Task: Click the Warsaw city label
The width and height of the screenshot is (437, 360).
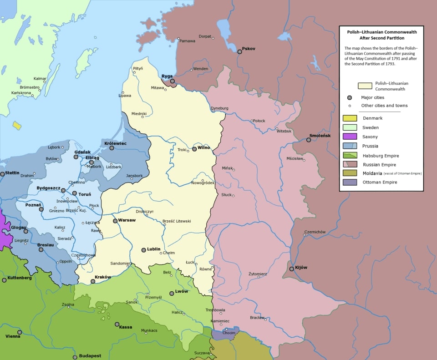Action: (x=127, y=220)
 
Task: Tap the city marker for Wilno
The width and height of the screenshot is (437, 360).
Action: (x=194, y=149)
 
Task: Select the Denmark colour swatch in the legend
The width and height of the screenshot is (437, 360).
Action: (x=349, y=118)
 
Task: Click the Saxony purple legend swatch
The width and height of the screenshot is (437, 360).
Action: (x=349, y=137)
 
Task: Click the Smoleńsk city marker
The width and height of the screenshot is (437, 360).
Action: (x=309, y=140)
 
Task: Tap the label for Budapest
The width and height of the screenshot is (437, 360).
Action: (x=90, y=355)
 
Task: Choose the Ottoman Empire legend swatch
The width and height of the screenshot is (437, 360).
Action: (x=349, y=182)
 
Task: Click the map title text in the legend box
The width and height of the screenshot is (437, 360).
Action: (x=381, y=35)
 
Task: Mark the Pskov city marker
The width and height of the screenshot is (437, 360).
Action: (x=239, y=52)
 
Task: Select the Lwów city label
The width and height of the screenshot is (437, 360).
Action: (x=181, y=291)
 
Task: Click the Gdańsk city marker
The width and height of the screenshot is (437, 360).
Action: (x=76, y=157)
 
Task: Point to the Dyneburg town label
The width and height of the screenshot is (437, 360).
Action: (x=219, y=108)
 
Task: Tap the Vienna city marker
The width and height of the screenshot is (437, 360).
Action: (x=20, y=332)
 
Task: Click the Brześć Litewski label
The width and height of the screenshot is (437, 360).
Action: (x=177, y=221)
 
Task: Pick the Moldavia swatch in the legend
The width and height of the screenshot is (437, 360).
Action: (x=349, y=173)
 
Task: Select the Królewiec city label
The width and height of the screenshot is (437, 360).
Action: (x=115, y=143)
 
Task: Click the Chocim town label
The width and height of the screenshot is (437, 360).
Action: (x=229, y=333)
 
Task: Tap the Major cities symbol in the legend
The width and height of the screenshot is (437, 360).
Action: (x=349, y=97)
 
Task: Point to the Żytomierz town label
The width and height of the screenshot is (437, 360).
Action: (x=258, y=274)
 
